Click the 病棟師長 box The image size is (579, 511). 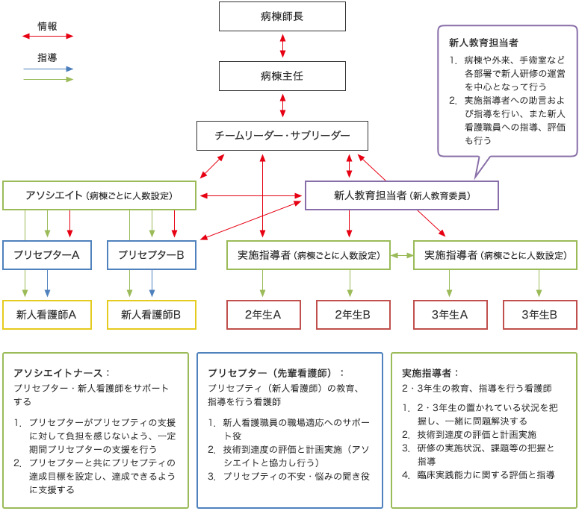[x=282, y=16]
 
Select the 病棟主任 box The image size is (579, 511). [x=282, y=76]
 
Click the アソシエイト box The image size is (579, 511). [x=99, y=195]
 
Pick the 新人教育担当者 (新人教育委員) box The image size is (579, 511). [x=402, y=195]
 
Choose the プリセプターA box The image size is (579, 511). [x=47, y=255]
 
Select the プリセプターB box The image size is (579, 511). [x=152, y=255]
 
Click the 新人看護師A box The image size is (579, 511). [x=47, y=315]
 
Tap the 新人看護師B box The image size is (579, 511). [x=152, y=315]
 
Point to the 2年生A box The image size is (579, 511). [x=264, y=315]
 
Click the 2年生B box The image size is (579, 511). [x=353, y=315]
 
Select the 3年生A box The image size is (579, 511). [x=450, y=315]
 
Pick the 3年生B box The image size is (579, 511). [x=539, y=315]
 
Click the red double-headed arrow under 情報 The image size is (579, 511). [x=49, y=36]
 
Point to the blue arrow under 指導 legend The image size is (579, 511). [x=49, y=69]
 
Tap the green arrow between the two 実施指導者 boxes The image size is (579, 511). [x=402, y=255]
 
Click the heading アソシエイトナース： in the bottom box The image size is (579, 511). [x=62, y=372]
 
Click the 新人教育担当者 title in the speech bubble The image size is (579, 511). [x=483, y=43]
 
